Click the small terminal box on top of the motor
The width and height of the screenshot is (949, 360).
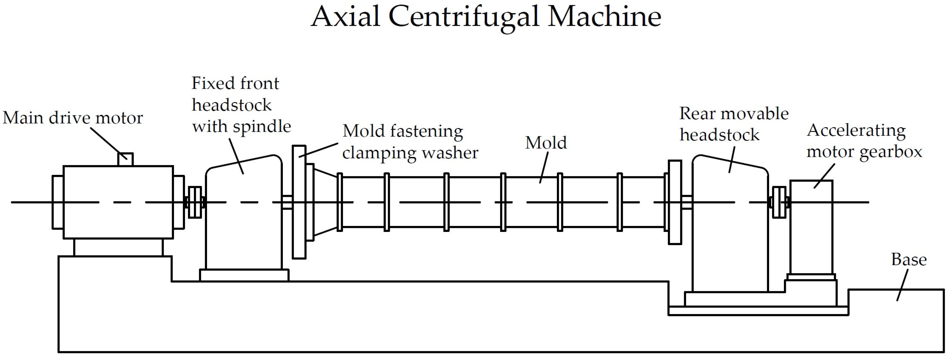pos(125,159)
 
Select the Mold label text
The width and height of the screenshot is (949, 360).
pos(546,143)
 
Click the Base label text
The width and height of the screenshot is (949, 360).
pos(909,260)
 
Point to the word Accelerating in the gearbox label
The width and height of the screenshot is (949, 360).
pos(856,130)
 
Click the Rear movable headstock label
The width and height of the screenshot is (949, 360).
pos(733,124)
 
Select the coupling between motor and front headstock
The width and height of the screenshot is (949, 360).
pos(194,202)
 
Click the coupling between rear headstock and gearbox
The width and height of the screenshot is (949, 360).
pos(779,202)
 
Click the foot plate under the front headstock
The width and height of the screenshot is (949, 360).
pos(244,275)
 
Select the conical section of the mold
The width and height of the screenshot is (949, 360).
pos(326,202)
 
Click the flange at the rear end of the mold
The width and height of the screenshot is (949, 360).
pos(675,202)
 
